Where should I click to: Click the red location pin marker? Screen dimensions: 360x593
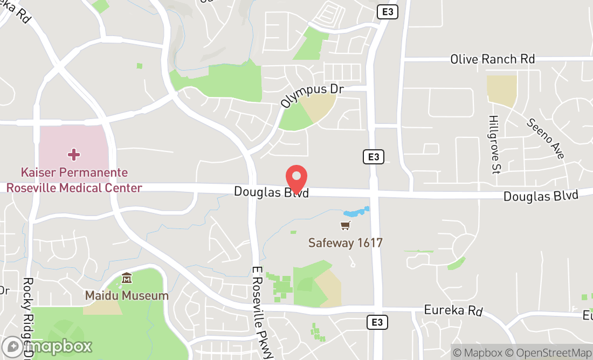(x=296, y=178)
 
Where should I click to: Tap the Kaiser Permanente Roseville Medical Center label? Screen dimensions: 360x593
(x=74, y=180)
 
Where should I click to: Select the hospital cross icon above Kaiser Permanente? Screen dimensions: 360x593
(x=74, y=155)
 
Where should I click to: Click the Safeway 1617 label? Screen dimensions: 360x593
(x=345, y=243)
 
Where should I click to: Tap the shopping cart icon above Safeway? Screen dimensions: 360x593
(x=345, y=226)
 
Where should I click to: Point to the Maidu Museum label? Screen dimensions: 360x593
(x=127, y=295)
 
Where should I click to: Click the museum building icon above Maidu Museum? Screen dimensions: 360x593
(x=127, y=279)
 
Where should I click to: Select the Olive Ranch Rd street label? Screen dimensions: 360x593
(x=492, y=59)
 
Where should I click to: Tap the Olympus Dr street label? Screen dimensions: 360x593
(x=312, y=95)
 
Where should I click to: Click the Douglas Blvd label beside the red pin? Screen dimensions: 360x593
(x=271, y=192)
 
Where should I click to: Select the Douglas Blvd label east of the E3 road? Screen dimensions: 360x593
(x=540, y=195)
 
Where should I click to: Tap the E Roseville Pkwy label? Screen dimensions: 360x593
(x=263, y=312)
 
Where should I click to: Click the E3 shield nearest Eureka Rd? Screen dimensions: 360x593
(x=377, y=322)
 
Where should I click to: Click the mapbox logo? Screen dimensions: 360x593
(x=47, y=346)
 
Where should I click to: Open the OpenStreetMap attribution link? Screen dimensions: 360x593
(x=552, y=352)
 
